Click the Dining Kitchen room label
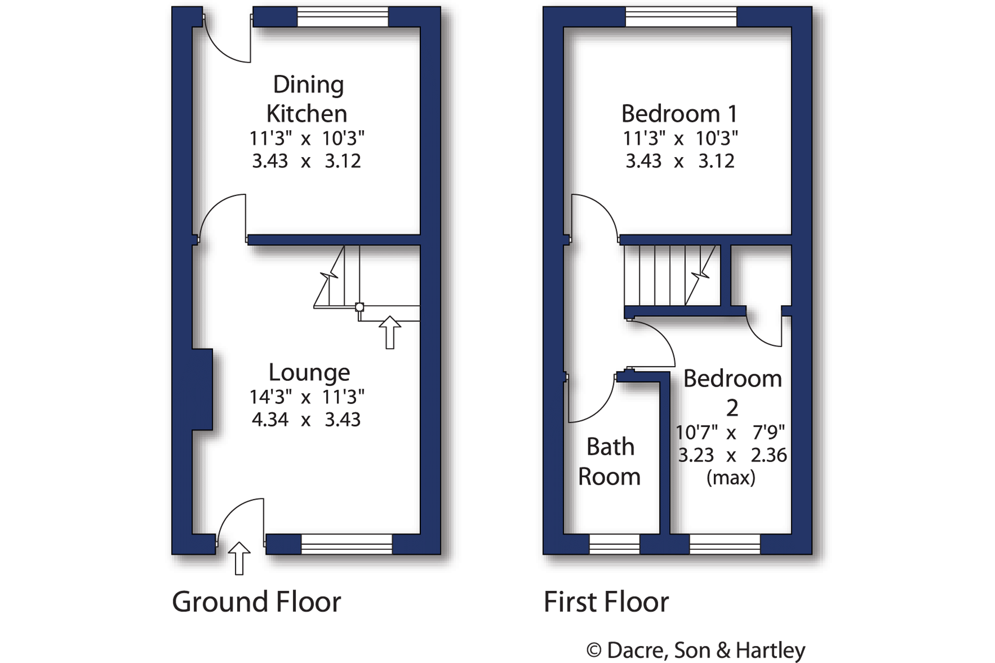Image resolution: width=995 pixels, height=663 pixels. point(307,99)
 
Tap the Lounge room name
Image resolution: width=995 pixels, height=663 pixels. point(309,372)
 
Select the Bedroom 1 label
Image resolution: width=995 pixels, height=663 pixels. point(680,114)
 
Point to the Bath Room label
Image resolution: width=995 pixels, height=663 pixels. point(609,461)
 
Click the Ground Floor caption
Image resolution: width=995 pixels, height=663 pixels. point(256,602)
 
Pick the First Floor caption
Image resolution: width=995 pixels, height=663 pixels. point(606,602)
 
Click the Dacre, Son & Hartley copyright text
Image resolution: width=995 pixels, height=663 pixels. point(696,650)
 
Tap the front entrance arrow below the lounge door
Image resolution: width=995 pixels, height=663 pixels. point(239,558)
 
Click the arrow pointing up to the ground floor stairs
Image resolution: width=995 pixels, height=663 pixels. point(390,333)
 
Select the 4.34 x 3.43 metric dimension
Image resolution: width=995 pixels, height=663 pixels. point(306,419)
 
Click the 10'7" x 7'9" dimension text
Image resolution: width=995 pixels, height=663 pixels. point(730,432)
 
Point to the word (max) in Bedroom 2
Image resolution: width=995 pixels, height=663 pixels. point(731,478)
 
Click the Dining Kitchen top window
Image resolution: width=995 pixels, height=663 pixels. point(343,17)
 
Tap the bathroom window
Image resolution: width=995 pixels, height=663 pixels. point(615,544)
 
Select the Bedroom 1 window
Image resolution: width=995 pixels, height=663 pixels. point(681,17)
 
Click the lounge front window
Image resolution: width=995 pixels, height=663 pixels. point(347,544)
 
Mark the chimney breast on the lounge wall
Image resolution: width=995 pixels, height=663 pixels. point(203,389)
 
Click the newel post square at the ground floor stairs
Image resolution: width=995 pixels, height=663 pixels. point(359,307)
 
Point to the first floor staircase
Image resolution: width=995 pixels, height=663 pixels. point(672,276)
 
